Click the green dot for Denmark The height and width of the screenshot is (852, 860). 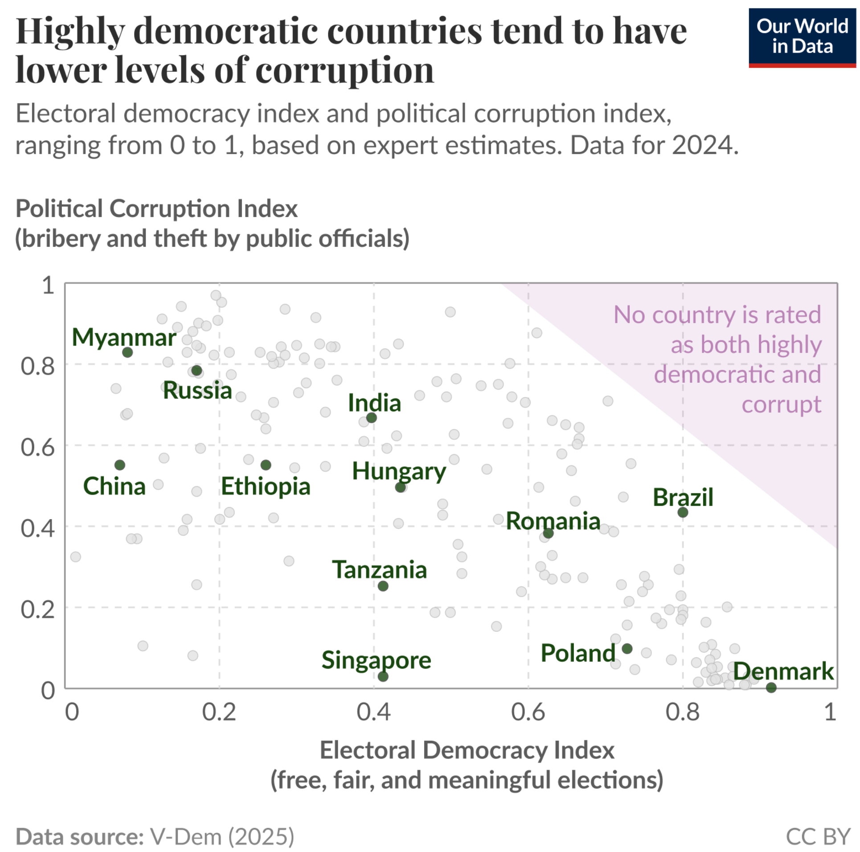[771, 688]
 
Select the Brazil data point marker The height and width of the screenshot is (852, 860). [682, 512]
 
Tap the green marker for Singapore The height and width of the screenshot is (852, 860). [383, 676]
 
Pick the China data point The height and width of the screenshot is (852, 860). [119, 465]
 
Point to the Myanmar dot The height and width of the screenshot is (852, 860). [127, 352]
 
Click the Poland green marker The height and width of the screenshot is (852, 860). [627, 648]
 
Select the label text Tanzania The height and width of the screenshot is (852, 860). [379, 569]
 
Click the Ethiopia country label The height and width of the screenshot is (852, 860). [266, 486]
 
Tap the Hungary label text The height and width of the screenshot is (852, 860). [399, 471]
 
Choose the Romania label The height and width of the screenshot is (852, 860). [553, 520]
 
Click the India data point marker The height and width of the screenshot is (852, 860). [371, 418]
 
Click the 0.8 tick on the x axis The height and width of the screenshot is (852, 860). [682, 712]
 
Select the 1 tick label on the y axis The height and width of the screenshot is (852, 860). [48, 285]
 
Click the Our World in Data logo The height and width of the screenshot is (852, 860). [802, 37]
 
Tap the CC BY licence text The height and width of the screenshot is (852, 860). [818, 836]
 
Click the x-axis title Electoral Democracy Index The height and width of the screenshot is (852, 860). [467, 750]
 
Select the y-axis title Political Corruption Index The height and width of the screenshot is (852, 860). [156, 209]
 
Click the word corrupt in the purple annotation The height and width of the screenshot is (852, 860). [781, 404]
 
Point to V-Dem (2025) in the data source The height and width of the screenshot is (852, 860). [221, 836]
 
